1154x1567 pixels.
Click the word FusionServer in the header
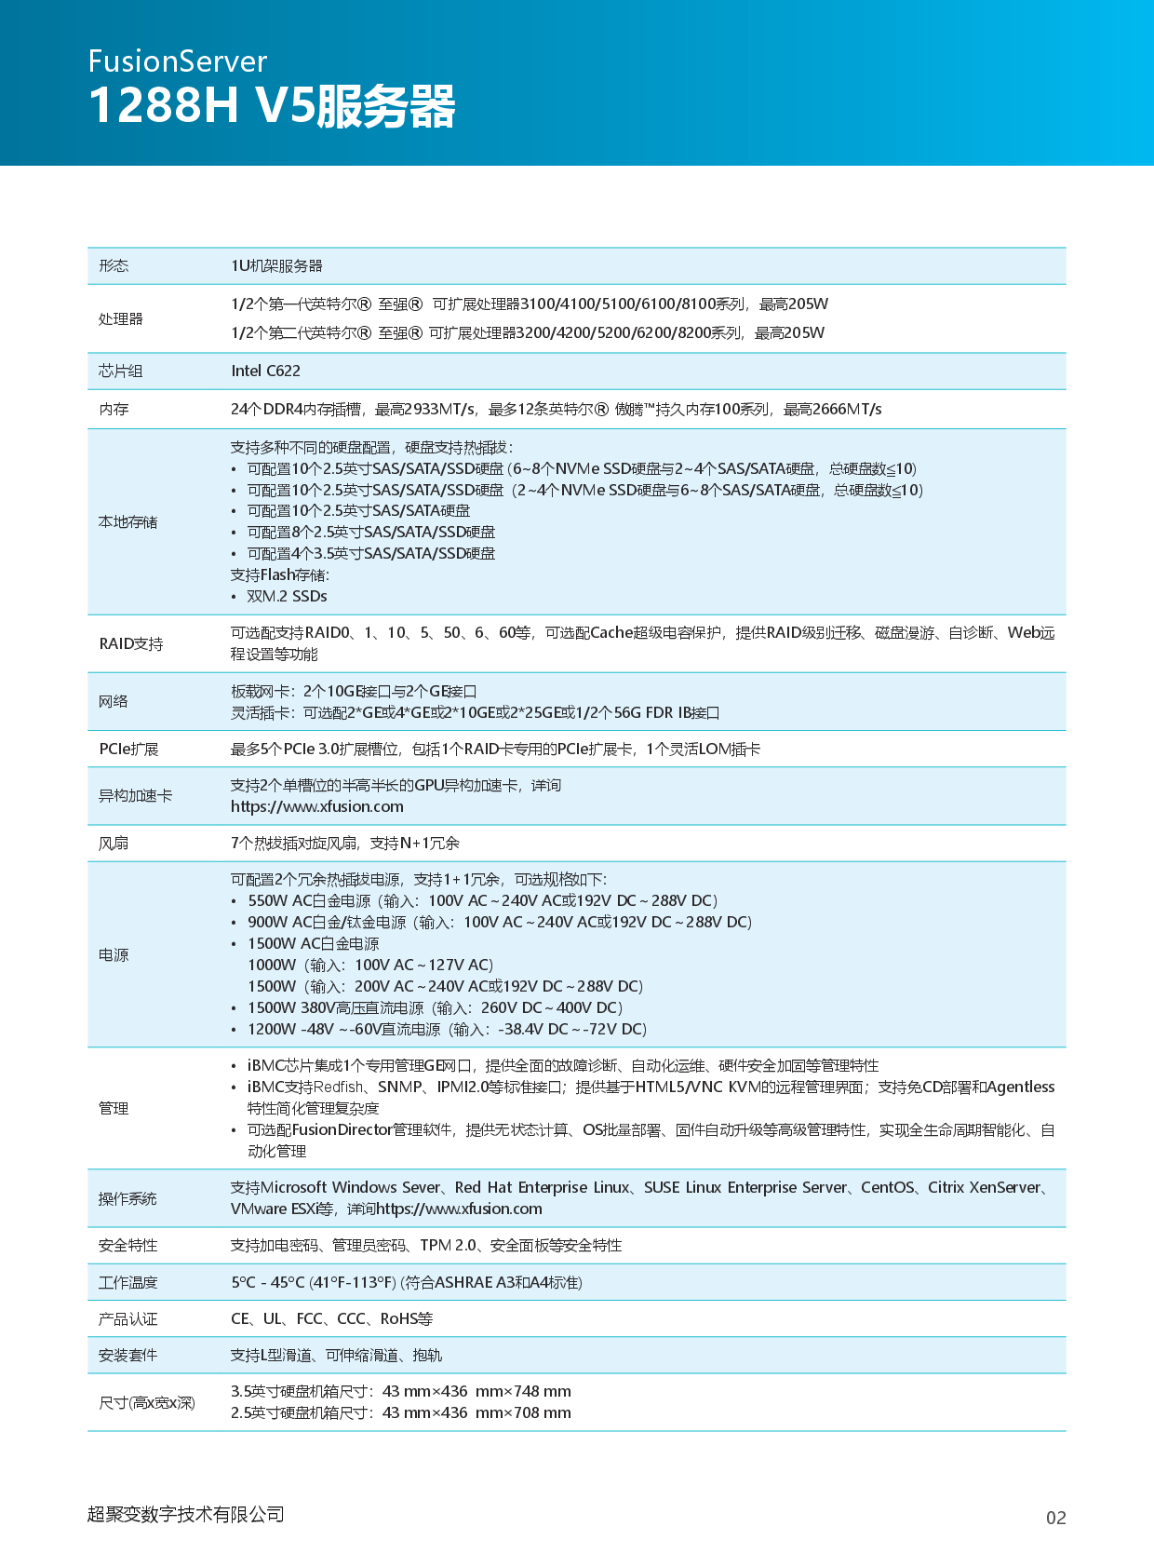tap(178, 61)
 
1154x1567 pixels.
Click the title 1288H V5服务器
tap(272, 105)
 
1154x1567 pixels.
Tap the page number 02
tap(1055, 1518)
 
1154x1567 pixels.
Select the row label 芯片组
tap(121, 371)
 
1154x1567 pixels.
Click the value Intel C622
tap(265, 371)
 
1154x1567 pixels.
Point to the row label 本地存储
tap(127, 521)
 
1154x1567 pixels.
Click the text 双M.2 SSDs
tap(287, 596)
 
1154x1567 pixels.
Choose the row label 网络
tap(114, 701)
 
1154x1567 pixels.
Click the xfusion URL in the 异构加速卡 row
tap(317, 806)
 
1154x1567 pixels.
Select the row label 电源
tap(114, 954)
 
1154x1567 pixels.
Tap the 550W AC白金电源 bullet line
tap(481, 900)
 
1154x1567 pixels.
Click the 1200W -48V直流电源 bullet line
tap(447, 1029)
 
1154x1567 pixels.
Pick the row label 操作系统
tap(127, 1198)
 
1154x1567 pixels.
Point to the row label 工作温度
tap(127, 1282)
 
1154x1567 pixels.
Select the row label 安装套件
tap(127, 1355)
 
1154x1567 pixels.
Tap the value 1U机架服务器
tap(276, 265)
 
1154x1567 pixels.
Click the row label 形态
tap(114, 265)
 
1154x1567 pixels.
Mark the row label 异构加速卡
tap(135, 795)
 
